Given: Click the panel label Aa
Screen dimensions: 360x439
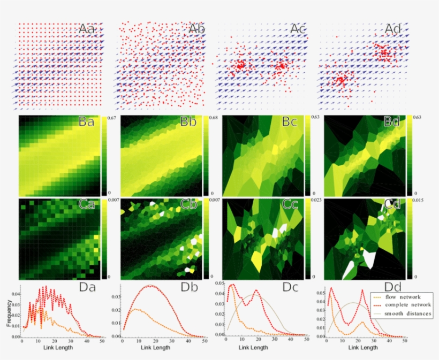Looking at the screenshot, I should pos(87,29).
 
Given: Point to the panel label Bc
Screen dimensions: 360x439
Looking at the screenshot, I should pos(294,122).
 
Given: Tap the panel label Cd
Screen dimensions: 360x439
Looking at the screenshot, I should pos(395,205).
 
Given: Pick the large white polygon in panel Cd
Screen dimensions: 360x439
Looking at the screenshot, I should pos(369,259).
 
